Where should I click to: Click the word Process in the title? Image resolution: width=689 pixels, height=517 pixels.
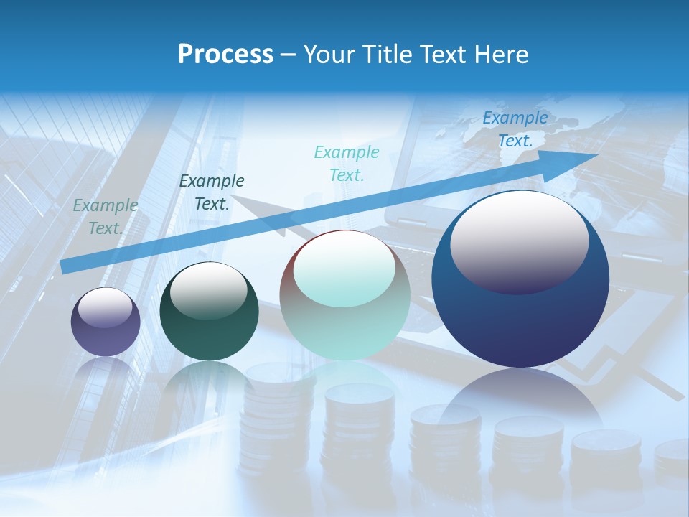pyautogui.click(x=225, y=55)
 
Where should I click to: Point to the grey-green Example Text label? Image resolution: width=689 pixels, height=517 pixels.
pyautogui.click(x=106, y=217)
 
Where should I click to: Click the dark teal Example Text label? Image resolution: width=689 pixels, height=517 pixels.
pyautogui.click(x=212, y=192)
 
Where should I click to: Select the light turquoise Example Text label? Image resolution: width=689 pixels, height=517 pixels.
pyautogui.click(x=347, y=163)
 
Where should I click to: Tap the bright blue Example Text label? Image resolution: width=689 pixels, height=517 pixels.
pyautogui.click(x=515, y=129)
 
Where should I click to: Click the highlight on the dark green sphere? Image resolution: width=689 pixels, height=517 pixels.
pyautogui.click(x=209, y=291)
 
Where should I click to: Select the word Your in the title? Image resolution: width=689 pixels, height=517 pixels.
pyautogui.click(x=327, y=55)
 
